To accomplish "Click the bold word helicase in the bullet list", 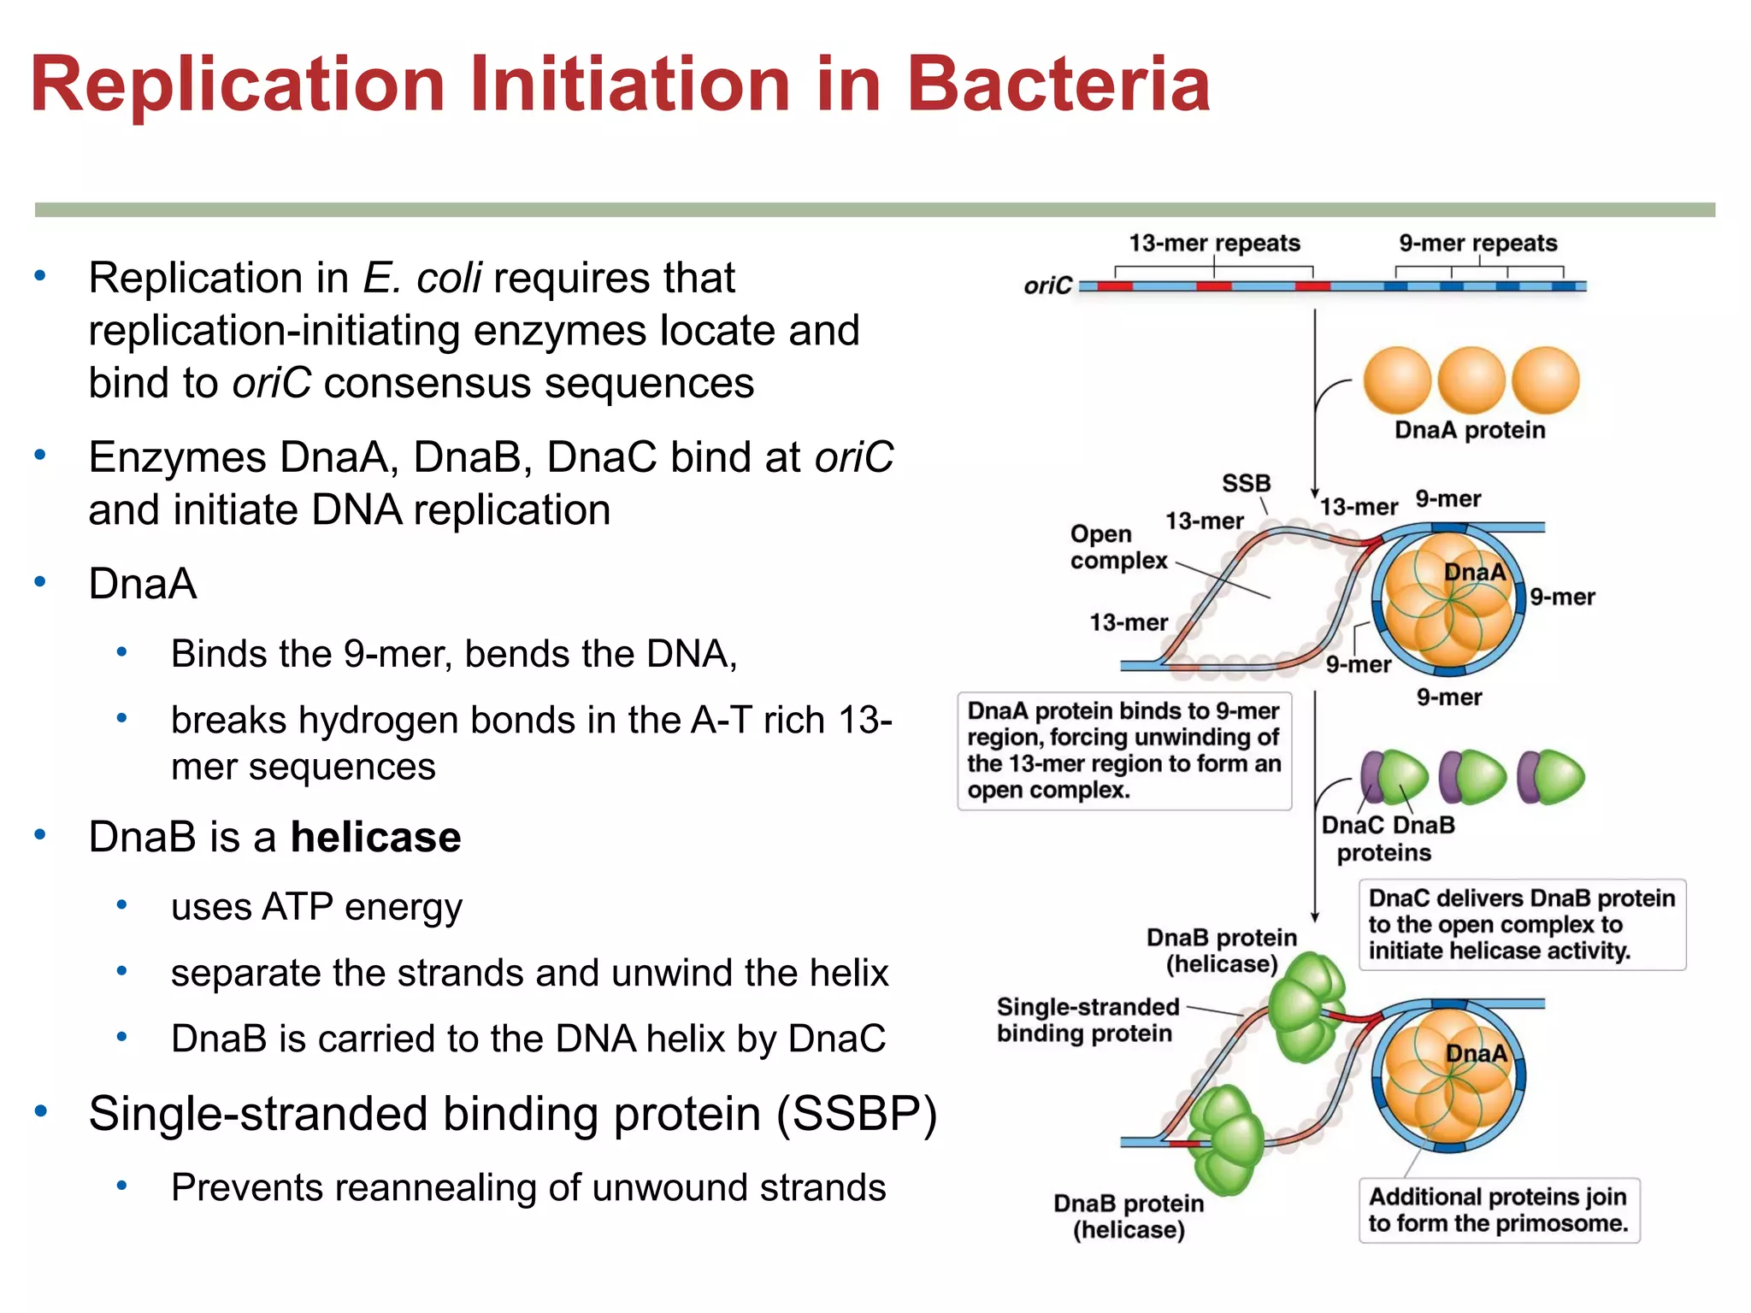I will tap(375, 837).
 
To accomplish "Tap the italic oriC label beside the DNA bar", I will tap(1047, 286).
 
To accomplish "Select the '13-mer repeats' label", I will tap(1214, 243).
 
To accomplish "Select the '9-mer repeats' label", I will tap(1477, 243).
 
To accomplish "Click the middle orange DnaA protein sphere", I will tap(1471, 380).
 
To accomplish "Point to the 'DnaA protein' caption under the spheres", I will tap(1470, 429).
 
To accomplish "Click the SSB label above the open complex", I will tap(1246, 483).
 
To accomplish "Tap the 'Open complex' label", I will tap(1117, 547).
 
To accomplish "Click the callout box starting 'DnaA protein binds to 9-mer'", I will tap(1123, 751).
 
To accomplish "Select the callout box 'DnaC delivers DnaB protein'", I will tap(1522, 924).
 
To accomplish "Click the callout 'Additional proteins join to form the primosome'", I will tap(1498, 1210).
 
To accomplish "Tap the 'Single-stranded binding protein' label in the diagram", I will tap(1087, 1020).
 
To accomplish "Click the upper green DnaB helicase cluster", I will tap(1304, 1005).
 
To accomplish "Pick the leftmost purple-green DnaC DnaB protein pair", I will tap(1394, 777).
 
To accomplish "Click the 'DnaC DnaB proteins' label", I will tap(1387, 839).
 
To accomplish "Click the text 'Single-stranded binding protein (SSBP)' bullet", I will tap(513, 1114).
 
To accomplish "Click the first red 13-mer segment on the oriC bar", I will tap(1114, 286).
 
